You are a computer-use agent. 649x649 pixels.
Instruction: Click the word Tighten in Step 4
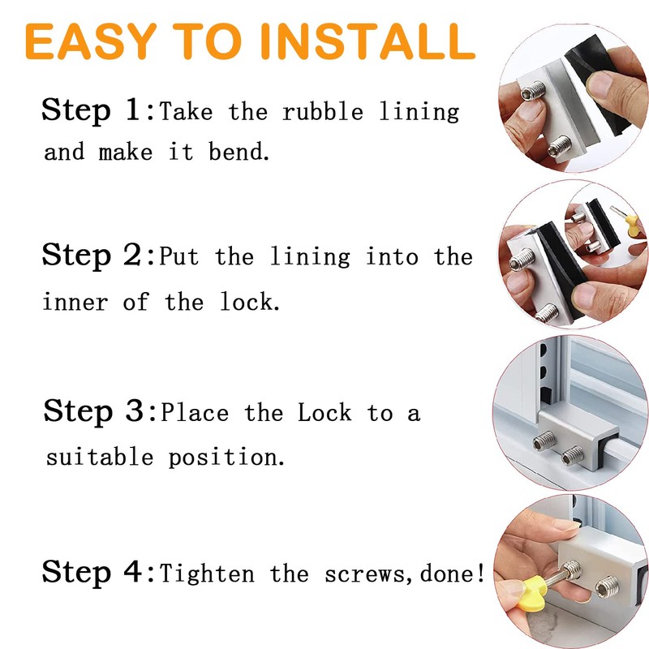[209, 574]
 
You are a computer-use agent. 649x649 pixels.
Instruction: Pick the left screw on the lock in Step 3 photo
[542, 441]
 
